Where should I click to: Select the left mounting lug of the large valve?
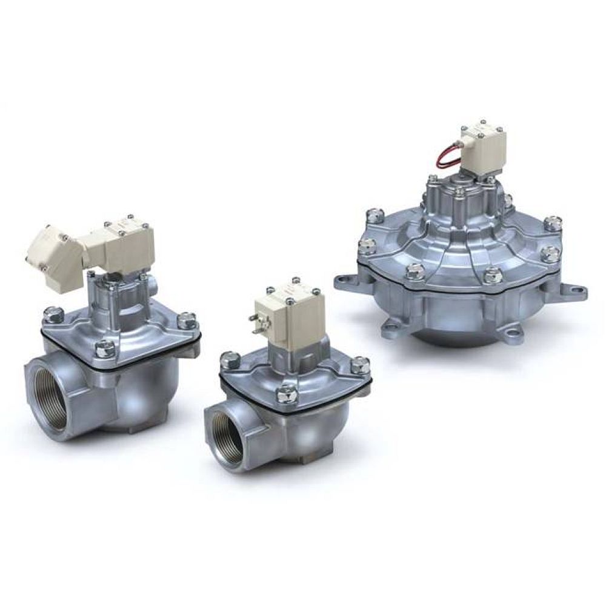[x=348, y=283]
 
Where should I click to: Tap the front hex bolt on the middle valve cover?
[x=285, y=395]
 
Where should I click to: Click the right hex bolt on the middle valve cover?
[x=361, y=365]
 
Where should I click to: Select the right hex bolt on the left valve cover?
[x=188, y=319]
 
